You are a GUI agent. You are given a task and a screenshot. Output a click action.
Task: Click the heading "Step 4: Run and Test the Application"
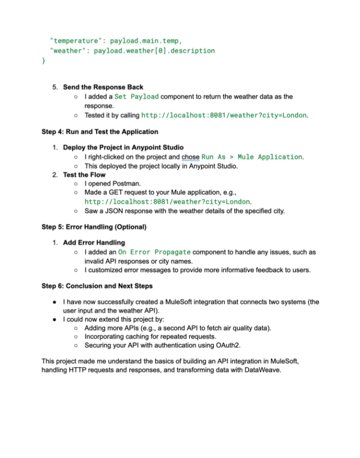(99, 132)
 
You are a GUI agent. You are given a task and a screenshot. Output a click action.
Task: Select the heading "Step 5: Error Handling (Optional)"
(94, 227)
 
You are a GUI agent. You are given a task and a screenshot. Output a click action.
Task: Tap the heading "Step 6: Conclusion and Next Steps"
(97, 286)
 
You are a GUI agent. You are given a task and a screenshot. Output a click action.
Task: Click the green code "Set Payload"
(137, 97)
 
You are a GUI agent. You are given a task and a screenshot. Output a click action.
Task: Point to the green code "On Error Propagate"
(154, 252)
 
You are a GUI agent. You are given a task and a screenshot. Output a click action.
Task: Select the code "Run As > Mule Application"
(252, 157)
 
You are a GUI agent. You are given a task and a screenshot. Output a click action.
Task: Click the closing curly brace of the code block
(44, 61)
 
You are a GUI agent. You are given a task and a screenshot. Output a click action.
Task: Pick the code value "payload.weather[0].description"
(154, 50)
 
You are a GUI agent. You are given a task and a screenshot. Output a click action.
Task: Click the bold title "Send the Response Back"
(103, 87)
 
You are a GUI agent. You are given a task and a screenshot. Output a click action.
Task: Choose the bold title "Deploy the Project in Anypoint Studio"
(123, 147)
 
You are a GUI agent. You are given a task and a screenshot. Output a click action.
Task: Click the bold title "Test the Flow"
(84, 175)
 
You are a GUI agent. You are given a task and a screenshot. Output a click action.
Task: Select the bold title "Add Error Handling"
(94, 243)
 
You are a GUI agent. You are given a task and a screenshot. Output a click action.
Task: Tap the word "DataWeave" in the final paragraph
(264, 370)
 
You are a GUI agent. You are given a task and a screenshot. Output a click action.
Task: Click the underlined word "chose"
(190, 157)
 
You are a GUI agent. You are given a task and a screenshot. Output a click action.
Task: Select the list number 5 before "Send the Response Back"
(55, 87)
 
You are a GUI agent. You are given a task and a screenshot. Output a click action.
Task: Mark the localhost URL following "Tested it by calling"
(224, 115)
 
